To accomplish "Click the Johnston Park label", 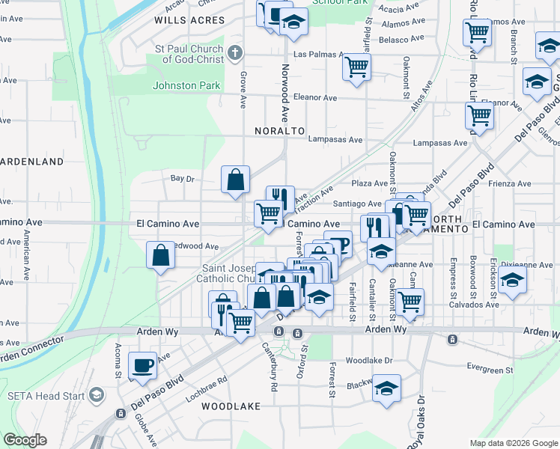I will (x=186, y=85).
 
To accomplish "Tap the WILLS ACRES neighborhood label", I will (x=189, y=21).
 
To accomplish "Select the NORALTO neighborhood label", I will (x=280, y=130).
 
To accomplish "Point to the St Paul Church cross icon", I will (x=235, y=52).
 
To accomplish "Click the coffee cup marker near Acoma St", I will (x=142, y=365).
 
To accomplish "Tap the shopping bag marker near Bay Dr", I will (x=235, y=180).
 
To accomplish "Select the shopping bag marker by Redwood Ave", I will (x=161, y=255).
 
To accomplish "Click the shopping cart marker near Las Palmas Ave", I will (x=357, y=67).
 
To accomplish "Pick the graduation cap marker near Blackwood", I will (x=386, y=388).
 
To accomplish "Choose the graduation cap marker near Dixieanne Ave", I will (x=512, y=280).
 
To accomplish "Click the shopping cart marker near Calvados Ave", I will (x=410, y=302).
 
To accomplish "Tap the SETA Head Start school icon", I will (x=96, y=394).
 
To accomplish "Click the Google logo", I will (x=25, y=440).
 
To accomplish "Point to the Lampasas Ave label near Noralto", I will (x=336, y=140).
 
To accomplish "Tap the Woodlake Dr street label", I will (x=369, y=360).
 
